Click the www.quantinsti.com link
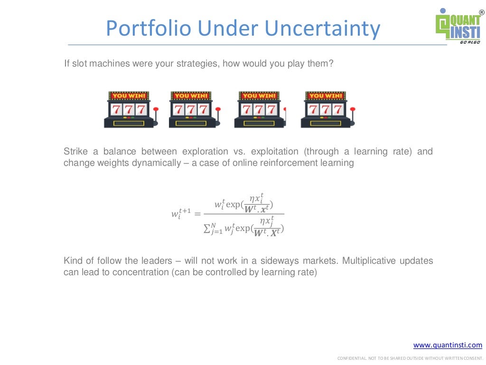point(448,345)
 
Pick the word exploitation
point(274,152)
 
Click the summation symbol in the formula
point(206,229)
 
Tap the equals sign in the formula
point(197,213)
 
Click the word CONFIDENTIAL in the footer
point(351,358)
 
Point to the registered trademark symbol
point(481,11)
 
